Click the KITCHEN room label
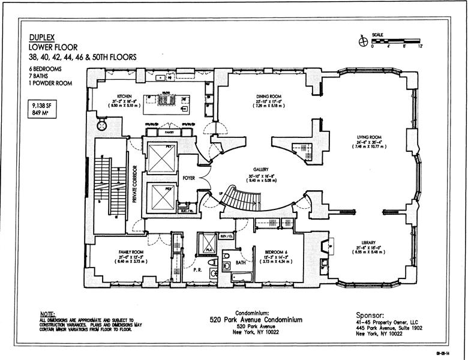coord(124,96)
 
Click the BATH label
coord(241,263)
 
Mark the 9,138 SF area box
coord(42,108)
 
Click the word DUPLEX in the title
coord(42,37)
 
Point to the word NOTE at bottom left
coord(47,314)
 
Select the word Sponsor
coord(373,314)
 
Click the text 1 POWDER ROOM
coord(49,83)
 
